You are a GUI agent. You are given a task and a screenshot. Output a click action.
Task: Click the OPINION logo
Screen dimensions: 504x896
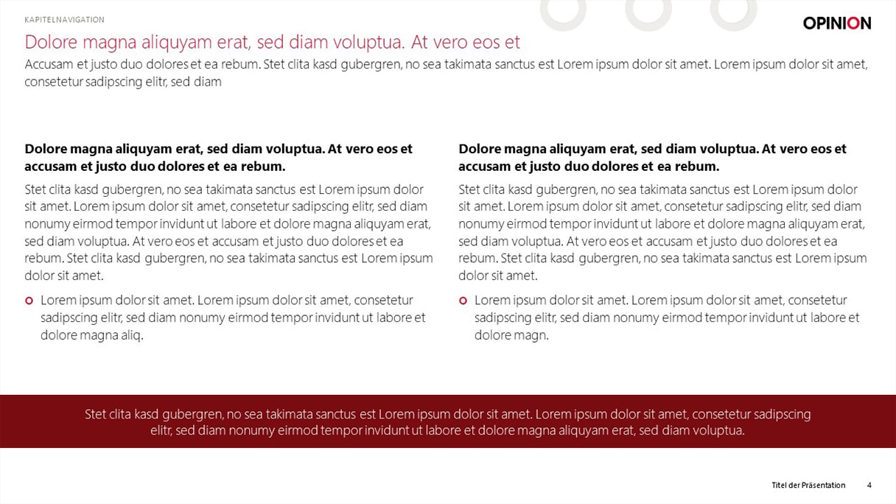(836, 23)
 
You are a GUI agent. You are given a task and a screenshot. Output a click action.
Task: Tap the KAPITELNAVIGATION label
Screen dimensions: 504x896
(65, 20)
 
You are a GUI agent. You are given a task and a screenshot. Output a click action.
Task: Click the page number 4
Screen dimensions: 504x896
(869, 485)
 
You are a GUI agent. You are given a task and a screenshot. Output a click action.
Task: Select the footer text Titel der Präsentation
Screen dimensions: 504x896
(808, 485)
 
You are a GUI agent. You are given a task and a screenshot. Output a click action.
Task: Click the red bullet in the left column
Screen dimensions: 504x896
(29, 301)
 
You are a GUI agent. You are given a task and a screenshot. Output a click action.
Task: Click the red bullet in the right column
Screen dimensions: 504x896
(463, 301)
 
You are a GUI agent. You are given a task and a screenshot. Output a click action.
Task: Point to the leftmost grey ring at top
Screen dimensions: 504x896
(563, 13)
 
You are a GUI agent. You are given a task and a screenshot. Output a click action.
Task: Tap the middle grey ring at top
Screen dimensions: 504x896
(648, 13)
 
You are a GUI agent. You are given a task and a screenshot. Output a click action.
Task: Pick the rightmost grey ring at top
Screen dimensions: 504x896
(733, 13)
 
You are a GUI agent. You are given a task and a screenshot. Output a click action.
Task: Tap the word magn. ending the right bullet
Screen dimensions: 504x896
(532, 335)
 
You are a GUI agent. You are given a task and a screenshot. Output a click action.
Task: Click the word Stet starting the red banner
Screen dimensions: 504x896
(97, 414)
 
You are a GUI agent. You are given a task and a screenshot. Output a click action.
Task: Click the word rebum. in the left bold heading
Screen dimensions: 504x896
(265, 166)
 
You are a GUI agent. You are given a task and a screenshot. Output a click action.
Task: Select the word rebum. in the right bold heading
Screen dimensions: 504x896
(699, 166)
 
